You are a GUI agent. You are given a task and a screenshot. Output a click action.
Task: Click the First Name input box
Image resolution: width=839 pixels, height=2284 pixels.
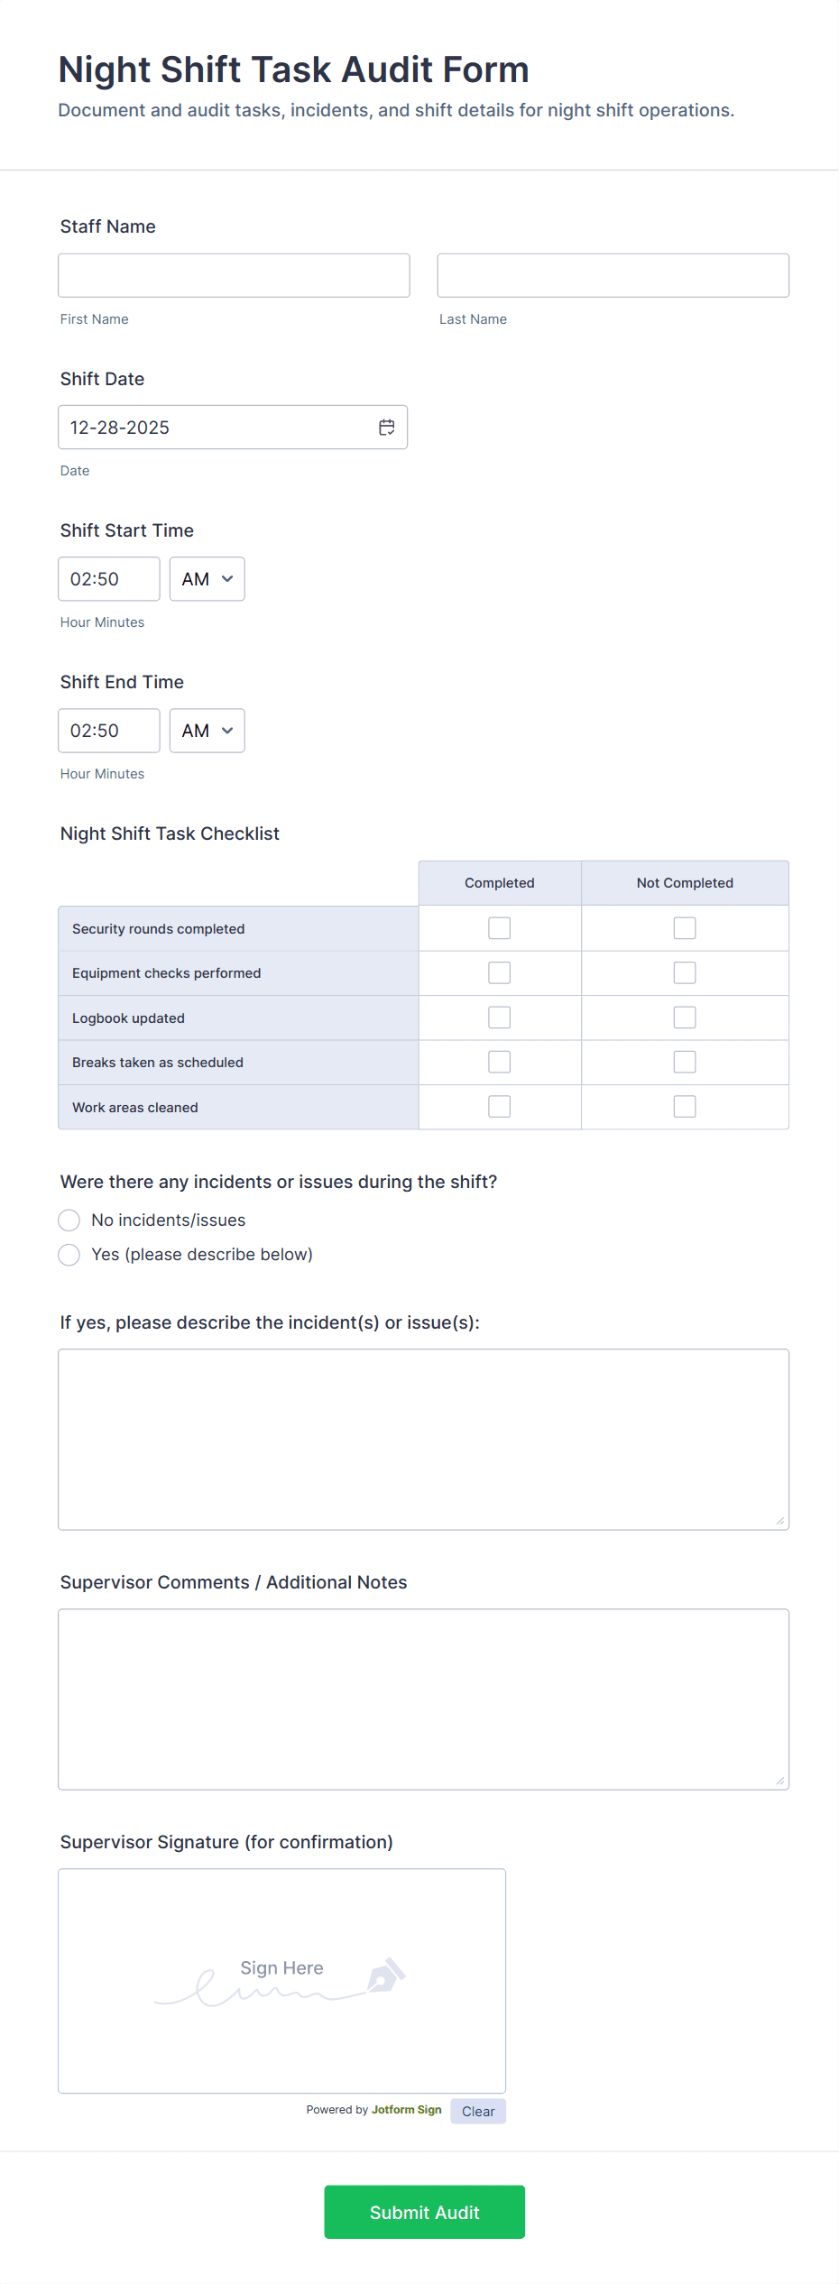coord(234,275)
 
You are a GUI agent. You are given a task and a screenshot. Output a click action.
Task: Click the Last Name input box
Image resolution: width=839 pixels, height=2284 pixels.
coord(613,275)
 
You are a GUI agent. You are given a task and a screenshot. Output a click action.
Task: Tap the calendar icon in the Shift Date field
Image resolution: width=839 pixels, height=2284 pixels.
coord(387,428)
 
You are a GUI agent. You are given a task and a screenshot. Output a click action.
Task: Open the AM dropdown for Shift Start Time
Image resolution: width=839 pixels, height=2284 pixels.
coord(207,579)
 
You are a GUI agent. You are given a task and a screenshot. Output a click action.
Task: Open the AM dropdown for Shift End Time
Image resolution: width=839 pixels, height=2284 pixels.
coord(207,731)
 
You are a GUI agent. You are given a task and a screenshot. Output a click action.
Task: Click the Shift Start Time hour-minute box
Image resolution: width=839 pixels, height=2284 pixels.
coord(108,579)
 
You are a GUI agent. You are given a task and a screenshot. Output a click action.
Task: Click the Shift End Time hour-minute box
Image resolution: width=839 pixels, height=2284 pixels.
coord(108,731)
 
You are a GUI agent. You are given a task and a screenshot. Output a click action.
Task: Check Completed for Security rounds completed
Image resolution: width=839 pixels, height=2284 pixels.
coord(499,928)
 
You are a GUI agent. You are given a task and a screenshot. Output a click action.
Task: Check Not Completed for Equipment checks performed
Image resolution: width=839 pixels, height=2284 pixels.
coord(685,972)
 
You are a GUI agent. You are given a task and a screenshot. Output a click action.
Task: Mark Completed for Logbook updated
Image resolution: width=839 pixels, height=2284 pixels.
coord(499,1018)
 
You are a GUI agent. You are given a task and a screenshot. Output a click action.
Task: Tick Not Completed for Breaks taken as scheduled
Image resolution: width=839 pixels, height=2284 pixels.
coord(685,1062)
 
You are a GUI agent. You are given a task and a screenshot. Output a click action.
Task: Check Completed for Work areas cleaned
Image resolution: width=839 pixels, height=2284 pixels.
coord(499,1107)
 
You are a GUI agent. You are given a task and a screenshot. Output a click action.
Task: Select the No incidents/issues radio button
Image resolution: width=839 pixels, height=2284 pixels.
coord(69,1220)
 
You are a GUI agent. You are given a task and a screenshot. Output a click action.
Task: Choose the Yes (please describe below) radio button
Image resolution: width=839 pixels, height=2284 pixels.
coord(69,1255)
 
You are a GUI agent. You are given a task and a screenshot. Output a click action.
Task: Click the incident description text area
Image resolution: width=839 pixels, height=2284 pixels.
coord(423,1439)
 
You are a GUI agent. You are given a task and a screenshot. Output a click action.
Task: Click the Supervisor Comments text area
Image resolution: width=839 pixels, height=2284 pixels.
coord(423,1699)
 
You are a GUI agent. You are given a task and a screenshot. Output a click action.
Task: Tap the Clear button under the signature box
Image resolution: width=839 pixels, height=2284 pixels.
coord(478,2111)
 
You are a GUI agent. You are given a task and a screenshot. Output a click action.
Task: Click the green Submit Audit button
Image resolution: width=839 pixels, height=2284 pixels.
coord(424,2212)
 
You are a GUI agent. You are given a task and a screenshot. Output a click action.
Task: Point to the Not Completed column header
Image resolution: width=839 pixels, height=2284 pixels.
coord(685,883)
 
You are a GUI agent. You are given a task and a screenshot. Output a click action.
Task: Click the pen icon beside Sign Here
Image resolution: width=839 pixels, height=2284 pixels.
coord(386,1975)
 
